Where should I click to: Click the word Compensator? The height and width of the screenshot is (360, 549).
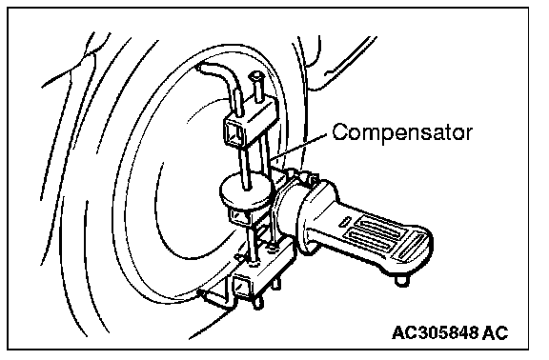pos(402,132)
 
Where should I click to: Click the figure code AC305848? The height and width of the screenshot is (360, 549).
pos(435,332)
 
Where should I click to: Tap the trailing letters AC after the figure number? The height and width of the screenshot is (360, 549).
pos(495,332)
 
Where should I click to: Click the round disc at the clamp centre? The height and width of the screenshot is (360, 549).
pos(246,190)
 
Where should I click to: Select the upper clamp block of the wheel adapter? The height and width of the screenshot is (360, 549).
pos(250,122)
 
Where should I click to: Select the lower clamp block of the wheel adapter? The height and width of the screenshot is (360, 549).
pos(262,273)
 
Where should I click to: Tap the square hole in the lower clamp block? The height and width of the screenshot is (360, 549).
pos(241,285)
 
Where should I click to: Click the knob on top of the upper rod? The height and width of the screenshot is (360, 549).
pos(256,75)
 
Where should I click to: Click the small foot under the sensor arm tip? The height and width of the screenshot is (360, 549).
pos(401,281)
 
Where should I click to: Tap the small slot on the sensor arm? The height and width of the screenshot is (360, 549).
pos(345,221)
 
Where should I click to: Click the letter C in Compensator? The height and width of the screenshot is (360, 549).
pos(340,131)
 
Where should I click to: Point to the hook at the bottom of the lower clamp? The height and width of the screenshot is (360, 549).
pos(214,298)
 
